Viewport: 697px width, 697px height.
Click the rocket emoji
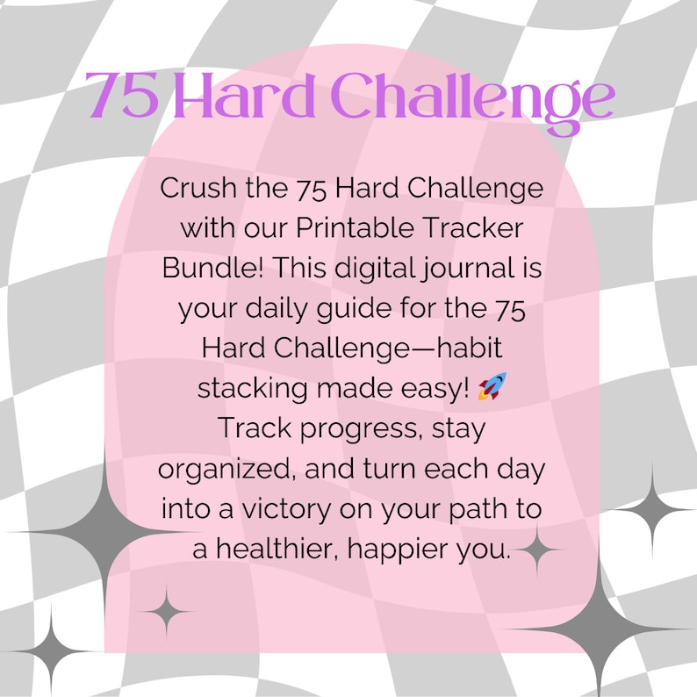pyautogui.click(x=492, y=385)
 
